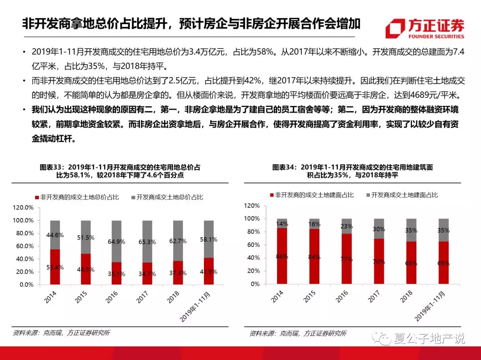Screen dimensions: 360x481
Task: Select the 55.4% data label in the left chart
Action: pyautogui.click(x=55, y=267)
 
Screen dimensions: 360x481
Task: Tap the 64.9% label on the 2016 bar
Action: pyautogui.click(x=116, y=242)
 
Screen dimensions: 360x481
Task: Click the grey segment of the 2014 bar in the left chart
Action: pyautogui.click(x=55, y=235)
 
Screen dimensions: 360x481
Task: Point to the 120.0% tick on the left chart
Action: pyautogui.click(x=23, y=208)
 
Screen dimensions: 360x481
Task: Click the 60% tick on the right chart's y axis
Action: pyautogui.click(x=252, y=245)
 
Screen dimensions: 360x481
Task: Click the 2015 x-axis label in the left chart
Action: pyautogui.click(x=82, y=298)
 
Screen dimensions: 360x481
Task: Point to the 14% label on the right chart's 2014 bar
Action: pyautogui.click(x=282, y=224)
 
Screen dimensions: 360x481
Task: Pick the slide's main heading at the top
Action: pyautogui.click(x=192, y=24)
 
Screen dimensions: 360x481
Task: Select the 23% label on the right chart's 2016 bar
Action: pyautogui.click(x=346, y=226)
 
